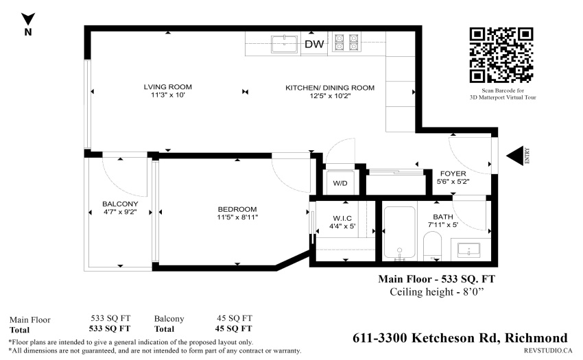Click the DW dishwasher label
pos(314,45)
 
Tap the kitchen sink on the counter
pos(285,45)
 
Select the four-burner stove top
pos(346,43)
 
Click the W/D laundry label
pos(340,183)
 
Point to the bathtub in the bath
pos(399,233)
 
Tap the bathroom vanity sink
pos(468,250)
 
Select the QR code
pos(501,55)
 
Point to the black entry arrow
pos(515,156)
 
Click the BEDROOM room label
pos(237,209)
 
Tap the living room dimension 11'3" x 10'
pos(167,95)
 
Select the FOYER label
pos(453,173)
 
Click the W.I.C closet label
pos(342,218)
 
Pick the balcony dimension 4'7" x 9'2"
pos(120,212)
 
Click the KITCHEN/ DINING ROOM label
pos(330,88)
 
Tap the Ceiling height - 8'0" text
pos(436,292)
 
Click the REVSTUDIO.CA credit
pos(548,350)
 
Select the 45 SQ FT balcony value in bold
pos(233,328)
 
